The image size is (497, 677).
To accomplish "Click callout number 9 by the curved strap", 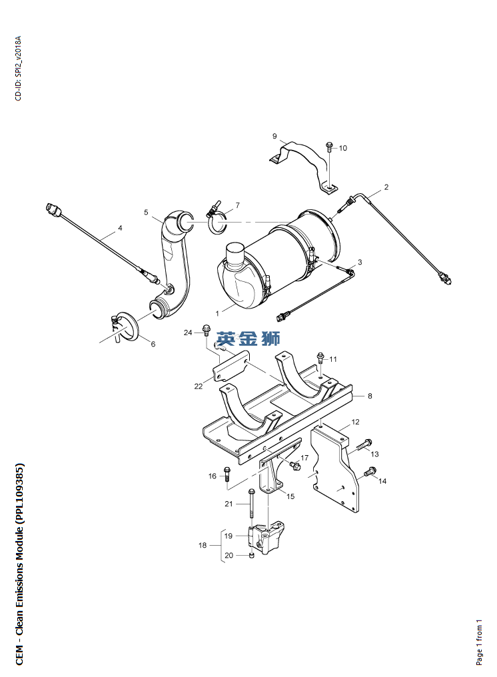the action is click(274, 137).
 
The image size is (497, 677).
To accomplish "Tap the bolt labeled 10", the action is click(329, 147).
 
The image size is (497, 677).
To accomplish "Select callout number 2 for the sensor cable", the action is click(386, 187).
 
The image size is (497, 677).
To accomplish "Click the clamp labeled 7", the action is click(216, 218).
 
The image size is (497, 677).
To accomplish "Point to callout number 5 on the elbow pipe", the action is click(146, 212).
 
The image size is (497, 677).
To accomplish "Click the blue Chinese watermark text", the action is click(248, 338).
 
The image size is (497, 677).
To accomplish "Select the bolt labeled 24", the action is click(206, 330).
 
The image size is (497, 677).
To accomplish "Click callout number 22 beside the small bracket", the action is click(198, 386).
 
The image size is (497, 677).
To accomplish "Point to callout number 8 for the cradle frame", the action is click(370, 396).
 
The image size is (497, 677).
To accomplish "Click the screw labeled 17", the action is click(295, 465).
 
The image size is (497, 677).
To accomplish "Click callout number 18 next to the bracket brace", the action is click(203, 545).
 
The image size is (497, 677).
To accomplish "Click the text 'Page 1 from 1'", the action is click(479, 642).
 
